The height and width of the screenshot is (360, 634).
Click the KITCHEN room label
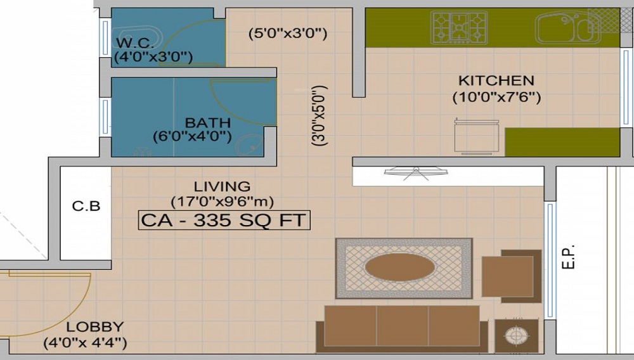tap(496, 81)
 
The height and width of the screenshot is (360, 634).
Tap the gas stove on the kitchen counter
tap(458, 27)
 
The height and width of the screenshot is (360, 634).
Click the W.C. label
tap(134, 44)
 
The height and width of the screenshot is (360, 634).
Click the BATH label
tap(202, 122)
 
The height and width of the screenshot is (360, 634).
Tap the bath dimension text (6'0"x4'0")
tap(192, 136)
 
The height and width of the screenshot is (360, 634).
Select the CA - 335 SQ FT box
tap(224, 221)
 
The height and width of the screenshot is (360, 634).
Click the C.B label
tap(86, 207)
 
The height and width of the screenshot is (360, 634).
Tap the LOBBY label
tap(95, 328)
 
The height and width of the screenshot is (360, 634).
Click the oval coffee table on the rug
tap(399, 267)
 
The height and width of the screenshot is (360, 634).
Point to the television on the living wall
tap(416, 171)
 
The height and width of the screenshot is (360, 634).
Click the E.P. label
tap(569, 255)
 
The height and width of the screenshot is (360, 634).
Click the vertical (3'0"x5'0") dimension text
tap(320, 116)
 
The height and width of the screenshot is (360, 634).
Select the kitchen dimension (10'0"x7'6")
tap(496, 98)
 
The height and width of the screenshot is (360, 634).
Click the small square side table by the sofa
tap(516, 335)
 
